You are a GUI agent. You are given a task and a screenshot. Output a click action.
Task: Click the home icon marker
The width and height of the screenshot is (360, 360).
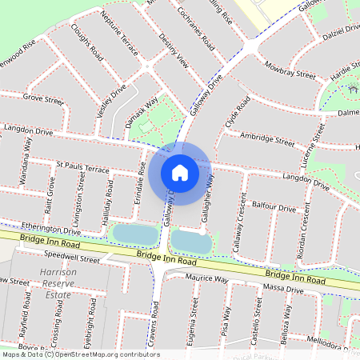(180, 172)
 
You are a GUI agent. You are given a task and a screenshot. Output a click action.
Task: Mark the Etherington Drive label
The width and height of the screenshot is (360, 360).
(58, 229)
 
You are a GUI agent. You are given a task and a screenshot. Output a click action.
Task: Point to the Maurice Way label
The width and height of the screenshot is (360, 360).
(206, 279)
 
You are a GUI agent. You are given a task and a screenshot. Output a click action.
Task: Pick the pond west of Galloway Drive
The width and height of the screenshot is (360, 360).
(133, 234)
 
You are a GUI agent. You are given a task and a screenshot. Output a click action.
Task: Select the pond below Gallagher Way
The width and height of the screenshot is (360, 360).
(190, 239)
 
